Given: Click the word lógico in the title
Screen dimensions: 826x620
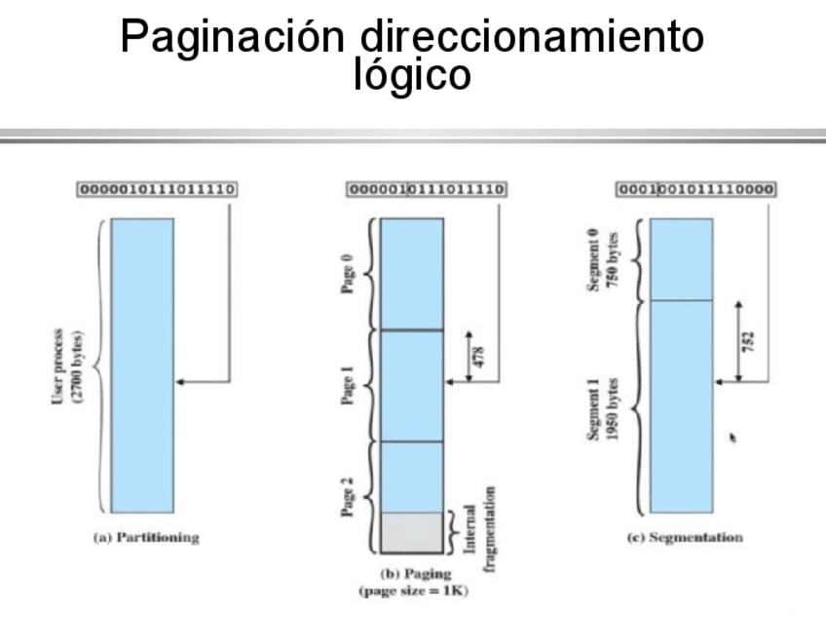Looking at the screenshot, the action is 412,74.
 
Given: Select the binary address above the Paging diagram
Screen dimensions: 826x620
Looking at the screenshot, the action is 425,189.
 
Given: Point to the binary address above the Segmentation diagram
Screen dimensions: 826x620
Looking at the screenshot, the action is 696,189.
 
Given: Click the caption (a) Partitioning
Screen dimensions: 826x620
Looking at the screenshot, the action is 145,537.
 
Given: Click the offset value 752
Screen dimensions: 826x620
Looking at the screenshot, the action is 748,341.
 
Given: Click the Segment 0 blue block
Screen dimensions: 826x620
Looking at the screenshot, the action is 681,258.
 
